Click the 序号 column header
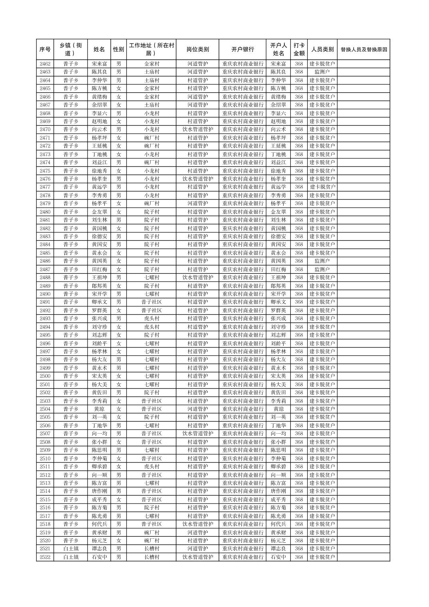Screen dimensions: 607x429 [x=45, y=50]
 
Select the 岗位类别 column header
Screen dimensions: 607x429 [x=197, y=50]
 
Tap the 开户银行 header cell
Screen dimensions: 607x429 [x=242, y=50]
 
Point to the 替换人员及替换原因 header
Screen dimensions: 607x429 [x=363, y=50]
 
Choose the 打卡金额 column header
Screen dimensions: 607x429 [x=299, y=50]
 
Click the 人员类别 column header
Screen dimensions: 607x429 [x=322, y=50]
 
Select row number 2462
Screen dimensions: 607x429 [x=45, y=64]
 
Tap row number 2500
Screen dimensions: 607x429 [x=45, y=376]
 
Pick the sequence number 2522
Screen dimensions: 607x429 [x=45, y=557]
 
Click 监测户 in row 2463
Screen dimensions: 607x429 [x=322, y=72]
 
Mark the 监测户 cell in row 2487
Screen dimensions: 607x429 [x=322, y=270]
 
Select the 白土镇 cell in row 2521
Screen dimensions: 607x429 [x=71, y=549]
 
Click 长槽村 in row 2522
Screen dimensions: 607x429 [x=151, y=557]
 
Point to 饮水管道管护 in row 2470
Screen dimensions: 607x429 [x=197, y=129]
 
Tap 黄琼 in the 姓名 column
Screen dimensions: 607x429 [x=99, y=409]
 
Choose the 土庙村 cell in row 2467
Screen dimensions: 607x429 [x=151, y=105]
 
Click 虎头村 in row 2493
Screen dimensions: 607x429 [x=151, y=319]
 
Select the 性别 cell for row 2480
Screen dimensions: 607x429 [x=119, y=212]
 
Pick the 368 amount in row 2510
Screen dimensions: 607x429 [x=299, y=458]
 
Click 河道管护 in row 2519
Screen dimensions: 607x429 [x=197, y=532]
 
